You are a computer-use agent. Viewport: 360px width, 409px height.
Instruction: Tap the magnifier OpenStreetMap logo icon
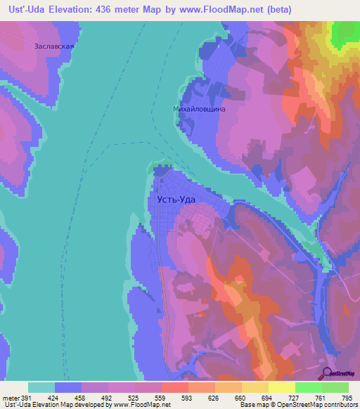pos(328,373)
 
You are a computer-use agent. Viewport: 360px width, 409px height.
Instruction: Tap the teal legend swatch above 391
pos(41,387)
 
